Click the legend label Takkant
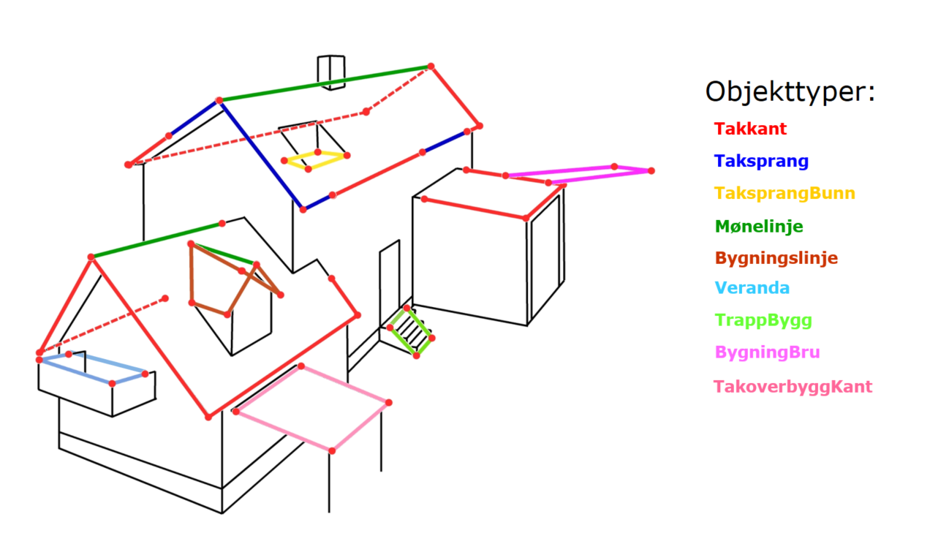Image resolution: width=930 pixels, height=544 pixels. click(750, 129)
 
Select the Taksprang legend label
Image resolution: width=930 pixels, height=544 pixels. click(761, 161)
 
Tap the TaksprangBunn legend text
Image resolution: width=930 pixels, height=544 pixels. click(785, 193)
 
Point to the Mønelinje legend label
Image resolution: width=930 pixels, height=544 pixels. click(759, 226)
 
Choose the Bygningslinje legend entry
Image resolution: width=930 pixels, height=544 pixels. click(776, 258)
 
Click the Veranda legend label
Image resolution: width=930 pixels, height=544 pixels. click(752, 288)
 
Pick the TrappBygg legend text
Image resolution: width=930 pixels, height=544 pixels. click(763, 320)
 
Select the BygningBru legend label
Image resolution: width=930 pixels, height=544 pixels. click(767, 352)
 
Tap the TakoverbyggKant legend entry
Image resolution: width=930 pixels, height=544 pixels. click(793, 387)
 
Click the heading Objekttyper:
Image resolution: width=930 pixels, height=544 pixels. click(790, 92)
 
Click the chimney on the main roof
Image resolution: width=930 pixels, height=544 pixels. click(331, 72)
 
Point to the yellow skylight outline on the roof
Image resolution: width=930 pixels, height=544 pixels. click(316, 161)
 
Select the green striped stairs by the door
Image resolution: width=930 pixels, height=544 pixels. click(411, 331)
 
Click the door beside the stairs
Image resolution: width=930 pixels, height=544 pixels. click(390, 284)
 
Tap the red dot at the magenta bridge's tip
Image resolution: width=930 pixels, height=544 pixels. click(651, 170)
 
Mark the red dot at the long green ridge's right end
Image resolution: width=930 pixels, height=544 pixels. click(431, 67)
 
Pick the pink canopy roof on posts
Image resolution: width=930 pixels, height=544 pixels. click(312, 409)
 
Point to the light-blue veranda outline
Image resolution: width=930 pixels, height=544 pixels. click(92, 368)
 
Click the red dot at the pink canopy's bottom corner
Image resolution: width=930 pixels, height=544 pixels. click(332, 451)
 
